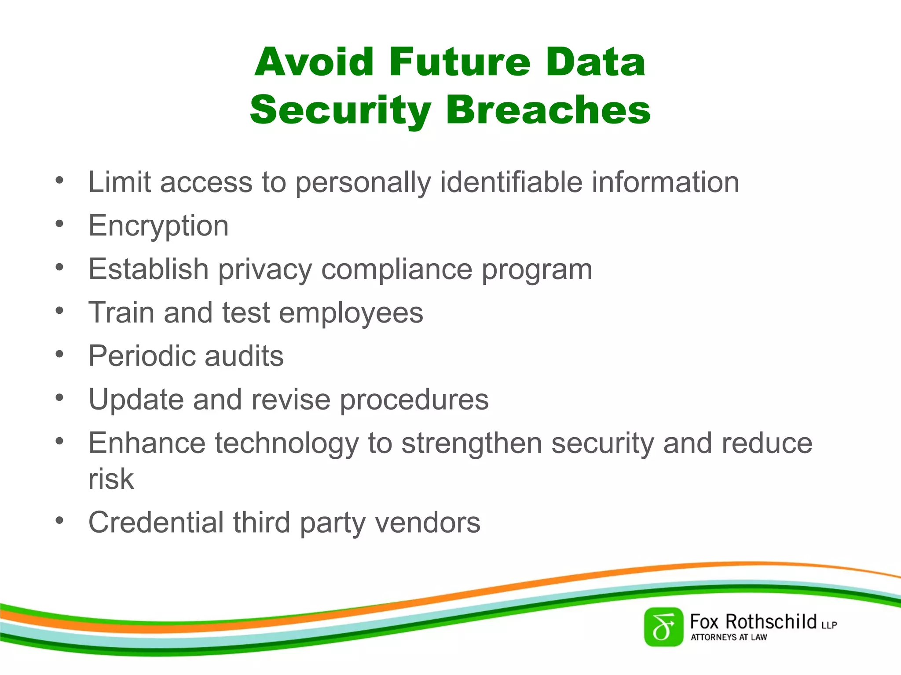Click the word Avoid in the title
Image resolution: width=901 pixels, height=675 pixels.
click(314, 62)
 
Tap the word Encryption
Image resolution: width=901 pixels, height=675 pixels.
click(158, 226)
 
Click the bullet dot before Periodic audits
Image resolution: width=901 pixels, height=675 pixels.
click(60, 354)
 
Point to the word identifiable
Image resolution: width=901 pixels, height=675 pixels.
click(511, 182)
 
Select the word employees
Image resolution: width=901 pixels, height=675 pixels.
click(351, 312)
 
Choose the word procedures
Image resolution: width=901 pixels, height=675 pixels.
click(414, 399)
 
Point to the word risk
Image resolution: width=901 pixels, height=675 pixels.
click(111, 479)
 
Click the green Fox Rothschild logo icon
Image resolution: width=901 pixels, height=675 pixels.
click(663, 627)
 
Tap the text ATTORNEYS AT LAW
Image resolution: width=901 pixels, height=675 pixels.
click(729, 637)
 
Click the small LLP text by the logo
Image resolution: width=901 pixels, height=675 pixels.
click(829, 625)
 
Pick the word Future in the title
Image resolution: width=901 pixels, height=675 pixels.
click(459, 62)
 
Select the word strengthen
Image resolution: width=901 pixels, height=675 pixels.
click(472, 443)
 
